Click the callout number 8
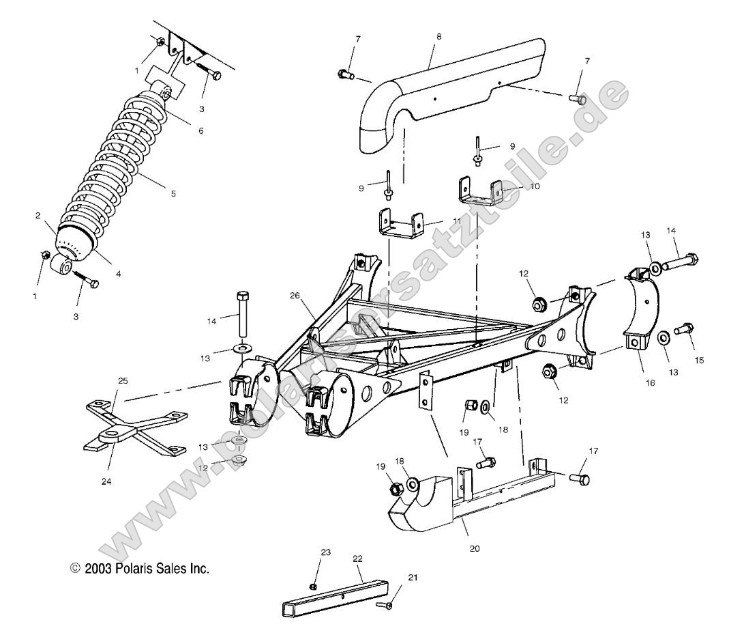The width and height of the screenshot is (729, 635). pyautogui.click(x=438, y=36)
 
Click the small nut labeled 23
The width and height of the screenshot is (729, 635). pyautogui.click(x=313, y=587)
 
